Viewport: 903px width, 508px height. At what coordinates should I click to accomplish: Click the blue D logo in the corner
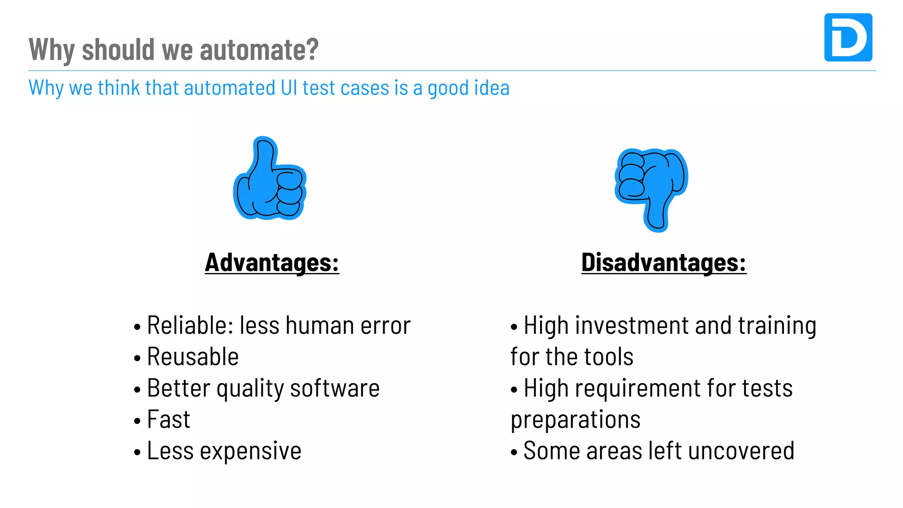point(848,37)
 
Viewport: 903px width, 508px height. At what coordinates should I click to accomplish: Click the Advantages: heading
point(272,263)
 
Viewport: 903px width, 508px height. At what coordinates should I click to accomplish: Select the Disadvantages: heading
point(664,263)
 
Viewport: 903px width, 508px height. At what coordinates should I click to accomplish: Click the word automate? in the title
point(259,49)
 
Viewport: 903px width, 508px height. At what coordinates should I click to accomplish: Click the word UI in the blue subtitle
point(289,88)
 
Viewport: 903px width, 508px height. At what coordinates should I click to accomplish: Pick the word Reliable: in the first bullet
point(190,326)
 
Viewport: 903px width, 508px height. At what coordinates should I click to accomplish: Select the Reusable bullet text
point(193,357)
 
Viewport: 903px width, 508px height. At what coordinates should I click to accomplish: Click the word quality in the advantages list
point(250,389)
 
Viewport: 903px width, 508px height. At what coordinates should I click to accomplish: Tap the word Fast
point(168,419)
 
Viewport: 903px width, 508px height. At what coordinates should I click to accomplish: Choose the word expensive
point(250,451)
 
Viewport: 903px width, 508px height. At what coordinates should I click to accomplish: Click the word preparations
point(575,420)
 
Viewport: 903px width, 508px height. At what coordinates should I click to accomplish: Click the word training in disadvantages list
point(777,326)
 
